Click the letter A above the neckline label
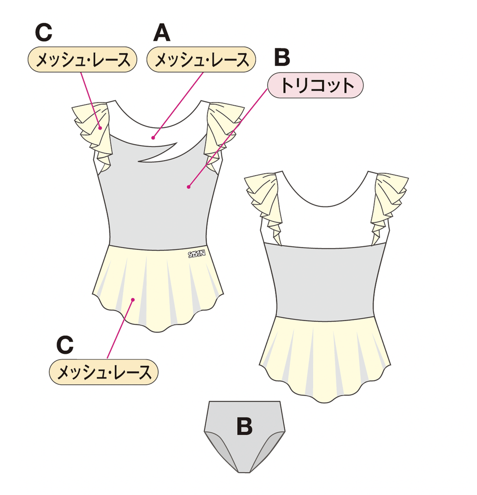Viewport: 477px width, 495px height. point(162,33)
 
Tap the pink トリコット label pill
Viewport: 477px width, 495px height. point(316,85)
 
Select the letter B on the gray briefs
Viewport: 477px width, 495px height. point(245,426)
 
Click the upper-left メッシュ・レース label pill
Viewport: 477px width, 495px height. point(82,59)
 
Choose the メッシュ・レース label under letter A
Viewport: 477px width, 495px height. point(201,59)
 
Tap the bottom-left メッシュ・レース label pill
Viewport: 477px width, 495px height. point(103,372)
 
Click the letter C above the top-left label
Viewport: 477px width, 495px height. point(43,32)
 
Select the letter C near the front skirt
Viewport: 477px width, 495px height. point(65,345)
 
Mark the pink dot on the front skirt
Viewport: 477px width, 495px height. point(133,300)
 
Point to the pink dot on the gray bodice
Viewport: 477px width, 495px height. point(188,187)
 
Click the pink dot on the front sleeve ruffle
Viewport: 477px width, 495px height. point(100,128)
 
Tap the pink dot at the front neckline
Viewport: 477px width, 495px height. point(153,138)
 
